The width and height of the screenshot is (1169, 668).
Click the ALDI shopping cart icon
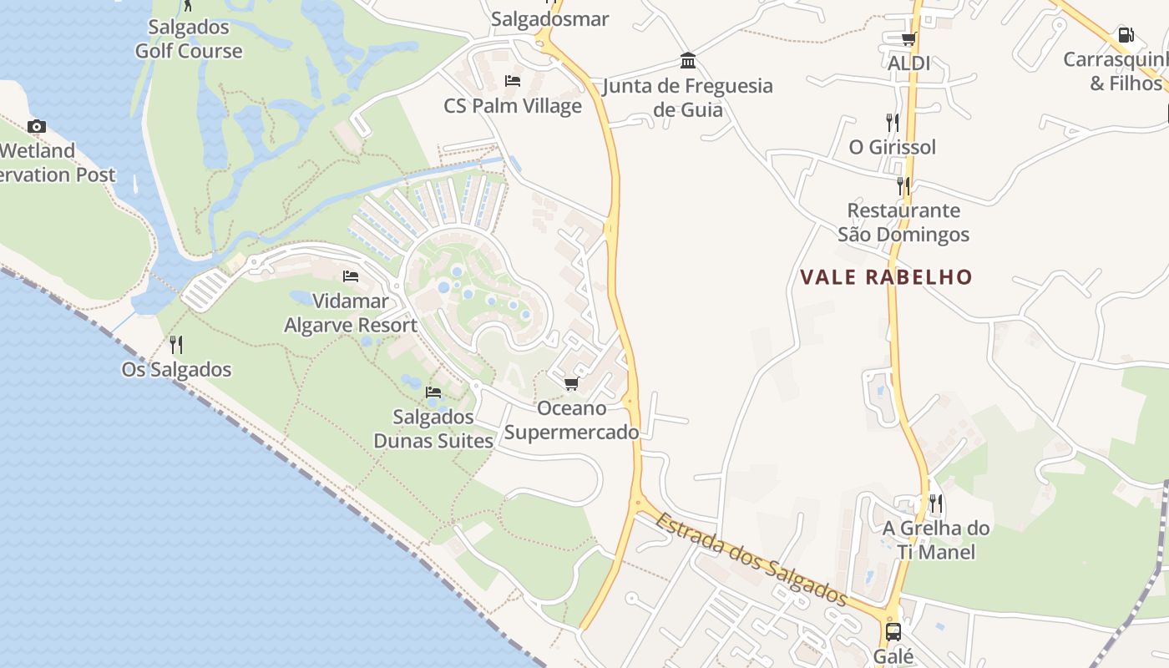point(908,38)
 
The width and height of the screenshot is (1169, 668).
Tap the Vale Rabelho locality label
point(887,277)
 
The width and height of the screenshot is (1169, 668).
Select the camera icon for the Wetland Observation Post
point(36,127)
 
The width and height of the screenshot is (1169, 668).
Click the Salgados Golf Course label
point(189,38)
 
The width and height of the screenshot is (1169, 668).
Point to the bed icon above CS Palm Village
point(513,81)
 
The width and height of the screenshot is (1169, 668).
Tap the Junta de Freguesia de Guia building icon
point(688,61)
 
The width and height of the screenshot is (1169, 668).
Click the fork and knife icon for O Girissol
point(893,123)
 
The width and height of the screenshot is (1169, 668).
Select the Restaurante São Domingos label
point(903,222)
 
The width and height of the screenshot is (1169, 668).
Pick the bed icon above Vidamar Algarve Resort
point(351,276)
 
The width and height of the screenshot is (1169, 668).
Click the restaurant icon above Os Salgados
point(176,344)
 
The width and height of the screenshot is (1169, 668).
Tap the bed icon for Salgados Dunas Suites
point(433,392)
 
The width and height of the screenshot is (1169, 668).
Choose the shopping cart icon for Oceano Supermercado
point(571,384)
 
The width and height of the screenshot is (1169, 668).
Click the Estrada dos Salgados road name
point(751,559)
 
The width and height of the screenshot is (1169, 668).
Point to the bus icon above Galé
point(893,631)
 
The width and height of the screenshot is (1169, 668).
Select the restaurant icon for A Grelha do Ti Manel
point(936,504)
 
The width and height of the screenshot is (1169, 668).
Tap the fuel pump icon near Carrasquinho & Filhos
point(1126,36)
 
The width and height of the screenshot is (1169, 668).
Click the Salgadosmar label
point(550,18)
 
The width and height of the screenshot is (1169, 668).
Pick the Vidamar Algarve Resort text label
point(351,313)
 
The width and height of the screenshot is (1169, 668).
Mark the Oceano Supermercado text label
point(572,420)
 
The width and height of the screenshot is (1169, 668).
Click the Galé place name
point(893,656)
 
